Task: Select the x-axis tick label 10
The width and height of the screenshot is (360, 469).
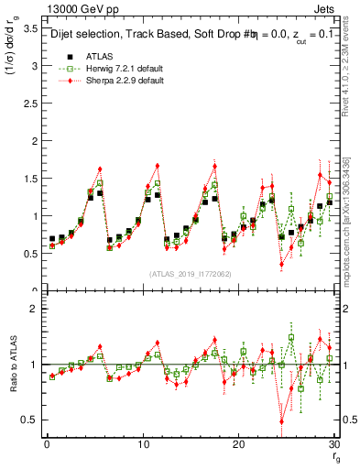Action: [x=142, y=444]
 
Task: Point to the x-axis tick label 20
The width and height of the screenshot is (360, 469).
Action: [x=238, y=444]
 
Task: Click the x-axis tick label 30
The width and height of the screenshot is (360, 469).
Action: [x=334, y=444]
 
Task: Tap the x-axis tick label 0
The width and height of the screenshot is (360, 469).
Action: [x=46, y=444]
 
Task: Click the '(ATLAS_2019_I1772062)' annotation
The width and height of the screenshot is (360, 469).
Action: [x=190, y=274]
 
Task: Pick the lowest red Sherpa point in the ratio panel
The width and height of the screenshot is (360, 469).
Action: [x=281, y=421]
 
